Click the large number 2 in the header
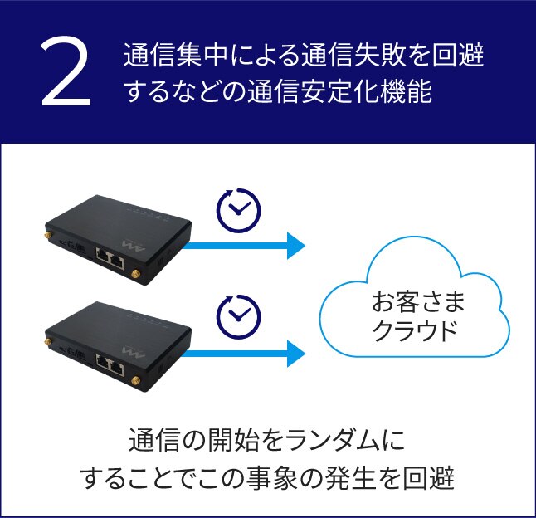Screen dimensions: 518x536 pos(66,73)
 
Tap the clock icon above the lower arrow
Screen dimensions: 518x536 pos(238,315)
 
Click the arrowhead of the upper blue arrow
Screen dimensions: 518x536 pos(295,246)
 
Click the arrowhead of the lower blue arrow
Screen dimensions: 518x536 pos(295,353)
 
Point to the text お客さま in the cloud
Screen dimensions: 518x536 pos(413,300)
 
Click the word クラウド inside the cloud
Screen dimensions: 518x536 pos(413,330)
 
